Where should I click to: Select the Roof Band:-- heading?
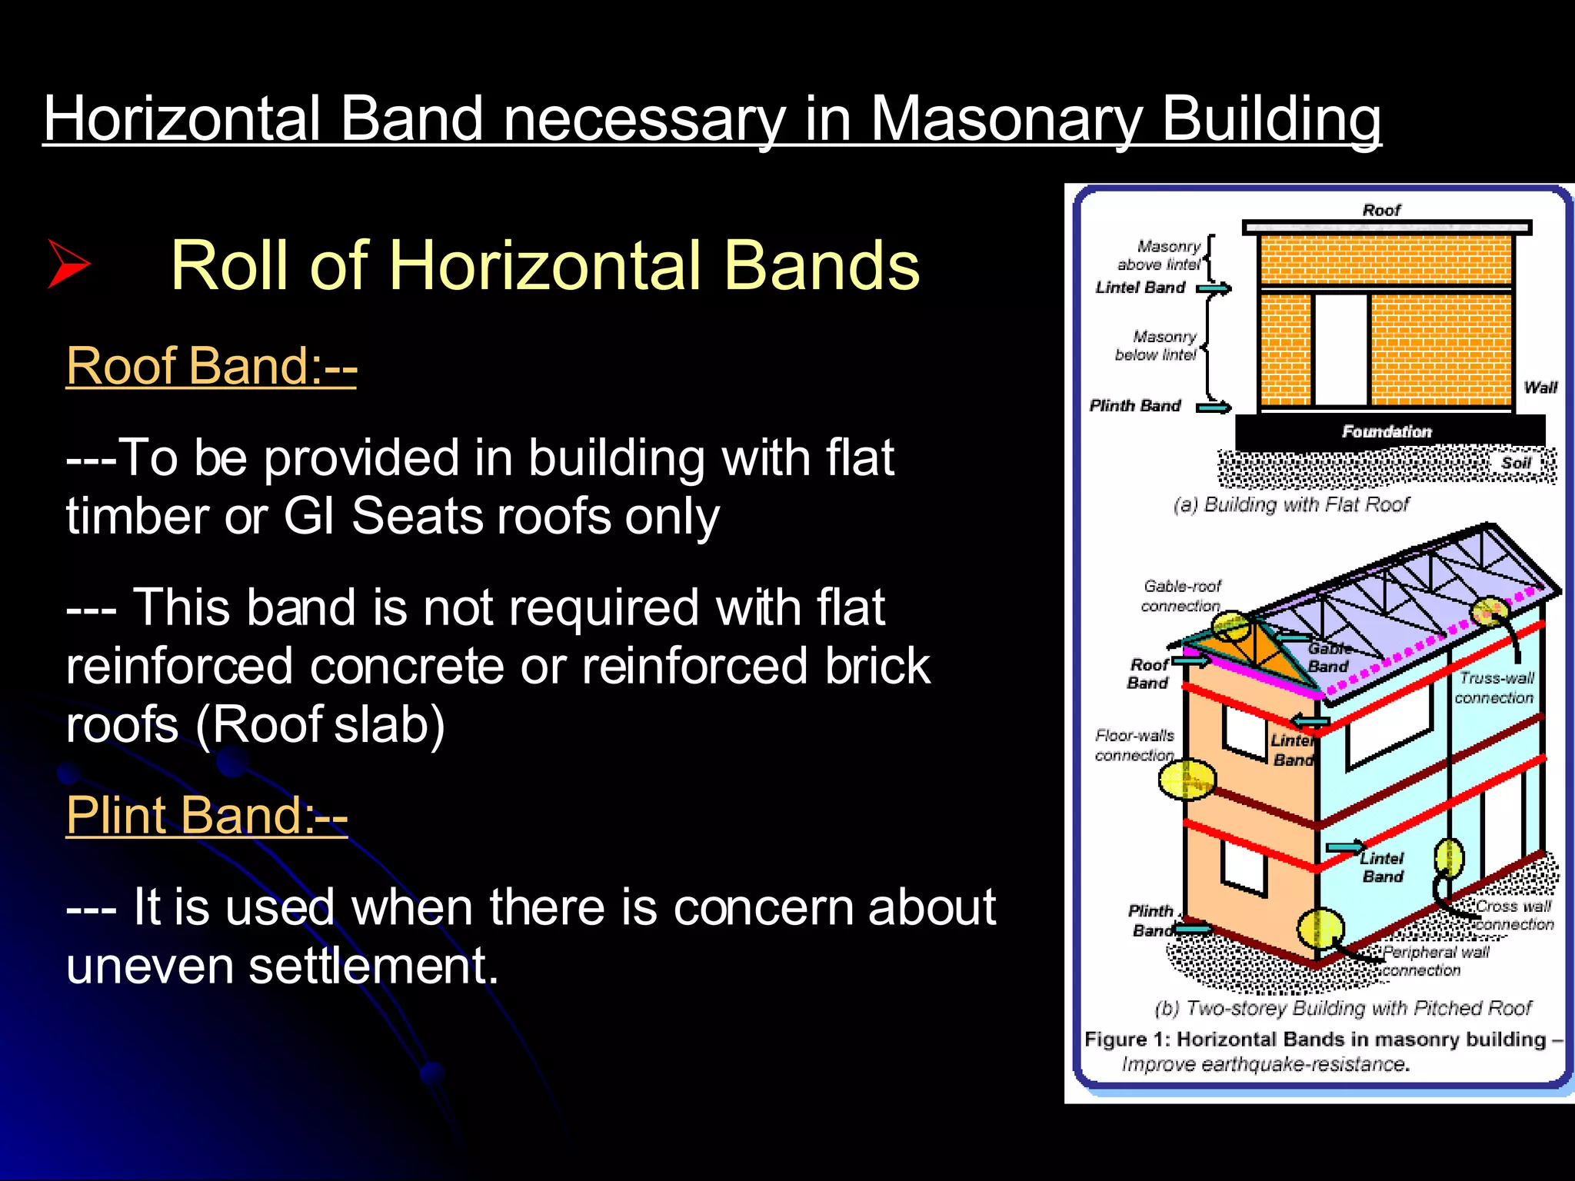pos(211,366)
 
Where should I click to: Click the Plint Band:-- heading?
pos(206,815)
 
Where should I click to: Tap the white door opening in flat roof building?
pos(1340,350)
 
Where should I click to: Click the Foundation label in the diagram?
pos(1387,431)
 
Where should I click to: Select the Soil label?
pos(1516,463)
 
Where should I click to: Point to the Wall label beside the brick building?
pos(1540,388)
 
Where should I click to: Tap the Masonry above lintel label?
pos(1161,255)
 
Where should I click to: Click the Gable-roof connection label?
pos(1181,596)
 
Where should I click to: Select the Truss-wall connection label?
pos(1495,687)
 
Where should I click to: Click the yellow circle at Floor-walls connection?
pos(1187,780)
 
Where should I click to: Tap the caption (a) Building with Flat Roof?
pos(1291,504)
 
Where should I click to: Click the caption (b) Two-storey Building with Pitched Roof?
pos(1343,1008)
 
